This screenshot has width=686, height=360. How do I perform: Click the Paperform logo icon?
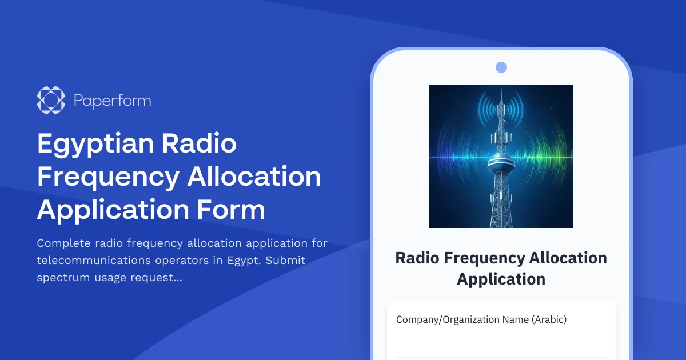coord(51,101)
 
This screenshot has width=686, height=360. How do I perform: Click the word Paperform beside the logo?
coord(113,101)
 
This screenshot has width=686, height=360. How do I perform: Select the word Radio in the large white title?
coord(199,143)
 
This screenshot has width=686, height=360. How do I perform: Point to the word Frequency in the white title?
coord(108,177)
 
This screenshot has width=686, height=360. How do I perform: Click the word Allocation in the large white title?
coord(254,177)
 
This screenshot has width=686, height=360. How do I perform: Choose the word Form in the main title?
coord(233,210)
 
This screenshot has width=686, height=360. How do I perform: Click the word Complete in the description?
coord(63,243)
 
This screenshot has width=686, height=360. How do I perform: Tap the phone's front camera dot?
coord(501,67)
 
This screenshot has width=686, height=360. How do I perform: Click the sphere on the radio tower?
coord(501,161)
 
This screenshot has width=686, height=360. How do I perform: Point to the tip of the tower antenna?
coord(501,90)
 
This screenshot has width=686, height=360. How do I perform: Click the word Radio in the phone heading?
coord(417,258)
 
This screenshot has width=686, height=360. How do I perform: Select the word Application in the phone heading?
coord(501,279)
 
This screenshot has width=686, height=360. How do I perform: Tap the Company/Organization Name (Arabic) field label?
coord(481,319)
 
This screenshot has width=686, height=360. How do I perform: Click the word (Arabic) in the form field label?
coord(549,319)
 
